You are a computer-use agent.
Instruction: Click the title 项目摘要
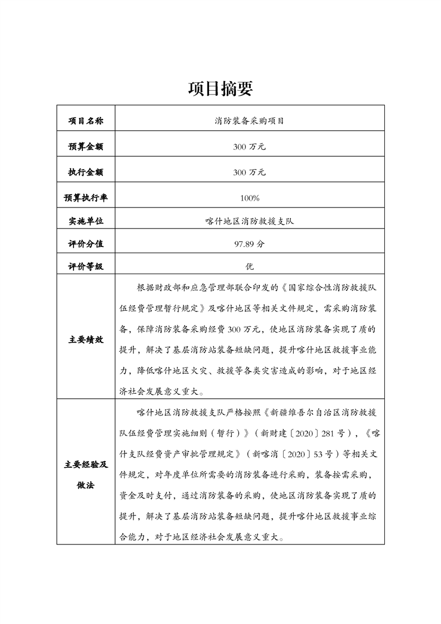click(220, 88)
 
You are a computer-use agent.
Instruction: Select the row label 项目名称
click(86, 121)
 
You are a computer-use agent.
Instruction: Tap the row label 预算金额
click(86, 147)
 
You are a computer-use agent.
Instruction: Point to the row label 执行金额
click(86, 172)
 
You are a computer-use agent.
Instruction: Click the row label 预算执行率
click(86, 197)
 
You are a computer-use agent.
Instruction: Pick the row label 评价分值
click(86, 244)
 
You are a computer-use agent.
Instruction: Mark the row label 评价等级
click(86, 266)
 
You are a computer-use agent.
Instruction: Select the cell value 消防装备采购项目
click(250, 121)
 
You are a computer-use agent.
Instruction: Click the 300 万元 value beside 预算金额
click(250, 147)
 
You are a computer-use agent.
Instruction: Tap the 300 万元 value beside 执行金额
click(250, 172)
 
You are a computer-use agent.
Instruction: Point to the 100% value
click(250, 197)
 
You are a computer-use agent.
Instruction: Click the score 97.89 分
click(250, 244)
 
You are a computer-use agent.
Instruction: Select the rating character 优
click(250, 266)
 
